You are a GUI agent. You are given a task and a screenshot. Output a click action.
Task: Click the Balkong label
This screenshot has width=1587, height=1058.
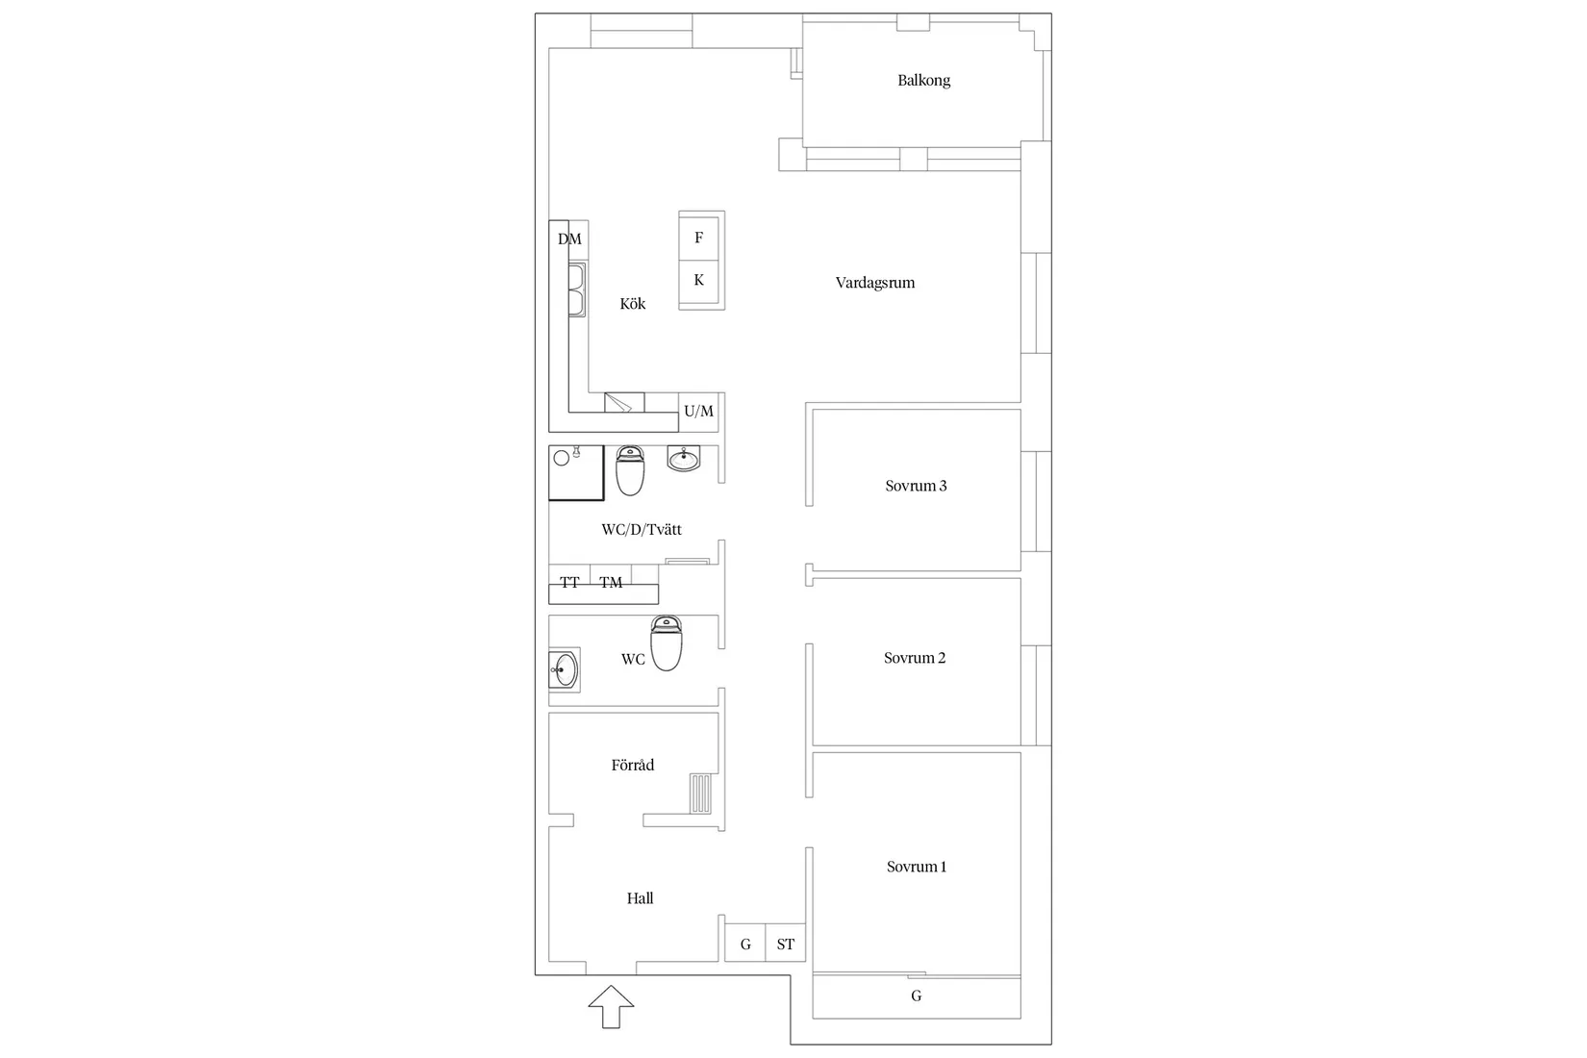coord(923,81)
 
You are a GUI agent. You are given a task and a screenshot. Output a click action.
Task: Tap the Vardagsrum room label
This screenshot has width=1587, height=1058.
coord(874,283)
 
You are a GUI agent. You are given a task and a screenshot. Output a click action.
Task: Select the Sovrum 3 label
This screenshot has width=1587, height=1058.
coord(916,486)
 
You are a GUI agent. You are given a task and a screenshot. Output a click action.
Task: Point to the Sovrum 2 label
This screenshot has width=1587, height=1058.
coord(914,658)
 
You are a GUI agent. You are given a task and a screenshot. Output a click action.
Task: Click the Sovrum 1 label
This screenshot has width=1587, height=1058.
coord(916,867)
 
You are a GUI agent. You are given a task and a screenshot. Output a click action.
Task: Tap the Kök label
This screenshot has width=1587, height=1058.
coord(632,304)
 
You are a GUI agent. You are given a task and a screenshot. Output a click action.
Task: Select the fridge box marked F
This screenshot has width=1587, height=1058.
coord(699,238)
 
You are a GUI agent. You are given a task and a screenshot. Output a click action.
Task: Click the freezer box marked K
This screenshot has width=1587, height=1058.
coord(699,281)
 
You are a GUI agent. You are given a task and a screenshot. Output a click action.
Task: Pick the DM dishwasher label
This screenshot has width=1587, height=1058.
coord(569,239)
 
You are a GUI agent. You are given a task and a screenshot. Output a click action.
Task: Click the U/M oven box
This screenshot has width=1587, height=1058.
coord(699,412)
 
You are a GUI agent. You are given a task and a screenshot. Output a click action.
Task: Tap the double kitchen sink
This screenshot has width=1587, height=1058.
coord(577,290)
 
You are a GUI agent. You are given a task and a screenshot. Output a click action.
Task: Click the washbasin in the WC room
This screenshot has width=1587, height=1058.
coord(564,668)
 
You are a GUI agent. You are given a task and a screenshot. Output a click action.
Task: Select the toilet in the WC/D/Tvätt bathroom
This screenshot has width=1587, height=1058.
coord(630,470)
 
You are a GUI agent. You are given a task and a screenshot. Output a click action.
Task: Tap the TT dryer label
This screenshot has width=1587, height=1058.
coord(569,583)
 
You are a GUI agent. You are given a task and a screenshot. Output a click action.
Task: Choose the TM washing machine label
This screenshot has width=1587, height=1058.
coord(611,583)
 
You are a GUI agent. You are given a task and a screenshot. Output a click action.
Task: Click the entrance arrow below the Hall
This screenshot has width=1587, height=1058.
coord(611,1007)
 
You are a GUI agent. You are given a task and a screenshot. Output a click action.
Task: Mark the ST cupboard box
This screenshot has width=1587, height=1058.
coord(786,945)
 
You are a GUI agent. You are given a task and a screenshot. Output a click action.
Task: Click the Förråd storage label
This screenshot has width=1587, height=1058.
coord(632,766)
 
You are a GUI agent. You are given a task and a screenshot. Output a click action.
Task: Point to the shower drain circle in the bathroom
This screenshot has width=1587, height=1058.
coord(562,458)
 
